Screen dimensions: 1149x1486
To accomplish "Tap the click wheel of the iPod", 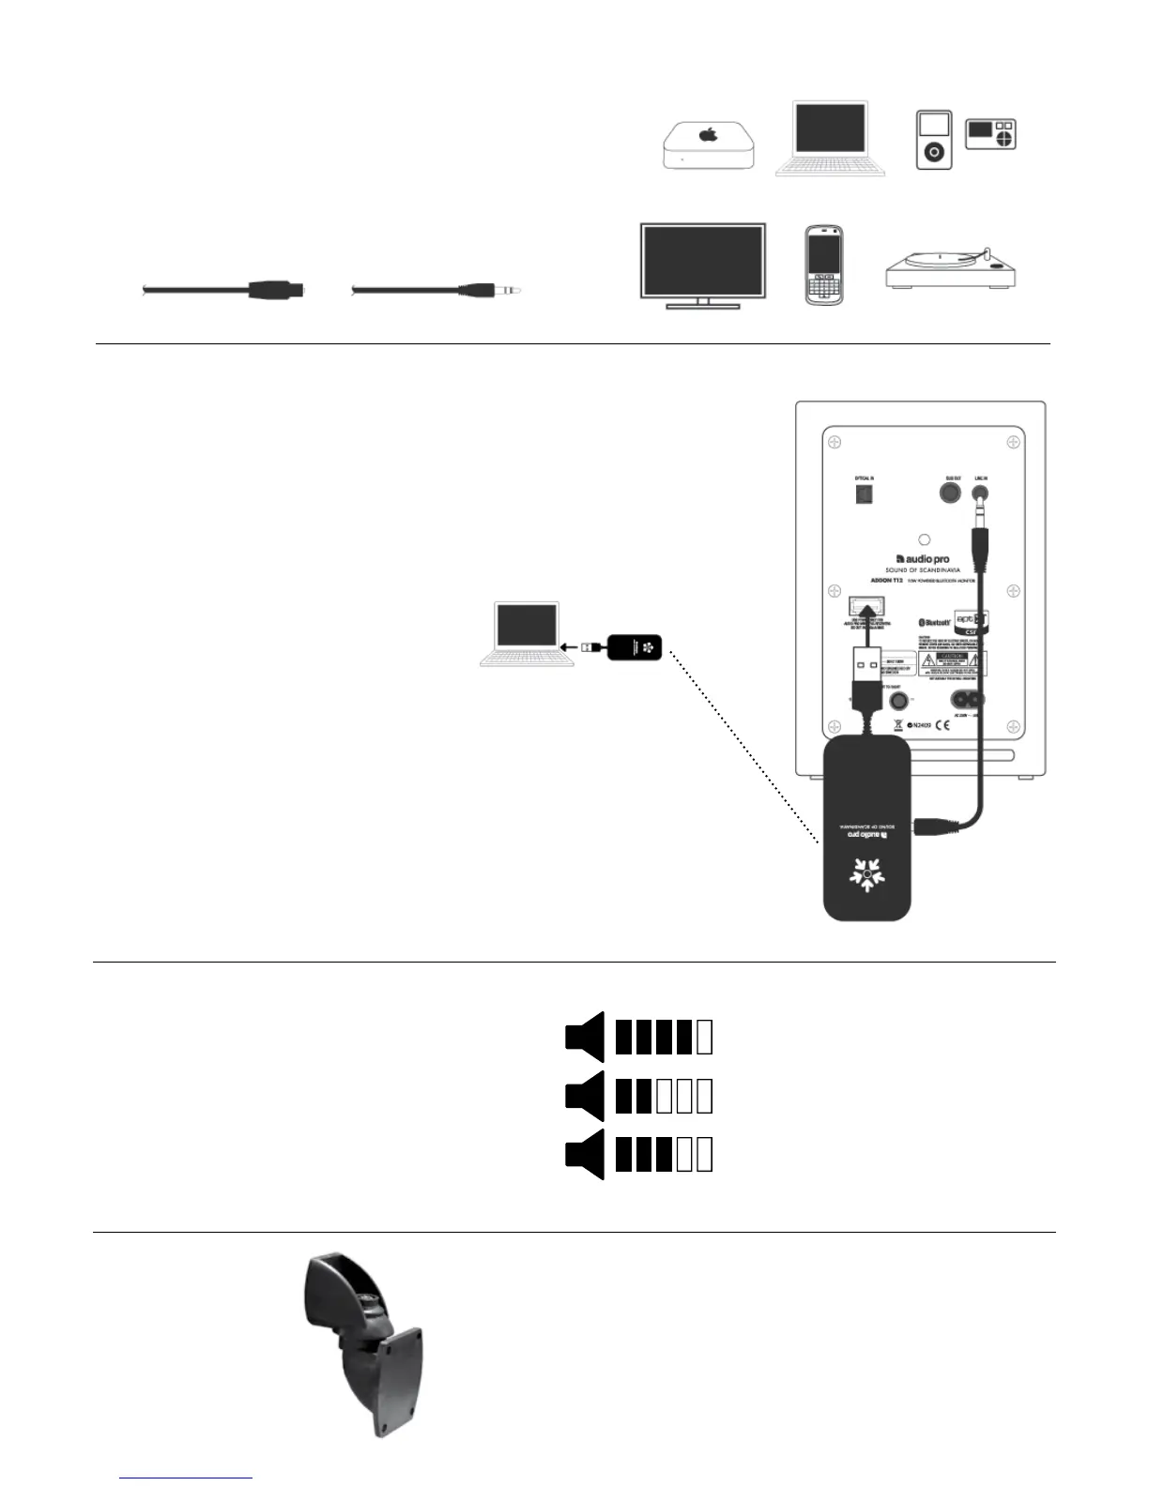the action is pyautogui.click(x=934, y=152).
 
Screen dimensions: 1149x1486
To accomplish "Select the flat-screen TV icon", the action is pyautogui.click(x=702, y=264).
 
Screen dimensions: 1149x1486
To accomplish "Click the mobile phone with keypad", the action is pyautogui.click(x=824, y=265).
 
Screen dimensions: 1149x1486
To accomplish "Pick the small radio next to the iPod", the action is pyautogui.click(x=991, y=134).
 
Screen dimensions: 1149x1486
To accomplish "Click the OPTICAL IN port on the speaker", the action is pyautogui.click(x=864, y=494).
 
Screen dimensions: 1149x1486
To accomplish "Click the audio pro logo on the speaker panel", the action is pyautogui.click(x=923, y=560).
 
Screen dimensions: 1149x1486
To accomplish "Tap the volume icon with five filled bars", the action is pyautogui.click(x=638, y=1037).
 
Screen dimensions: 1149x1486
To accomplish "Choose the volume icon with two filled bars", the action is pyautogui.click(x=638, y=1096).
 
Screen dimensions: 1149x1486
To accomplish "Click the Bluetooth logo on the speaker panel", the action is pyautogui.click(x=934, y=622).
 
